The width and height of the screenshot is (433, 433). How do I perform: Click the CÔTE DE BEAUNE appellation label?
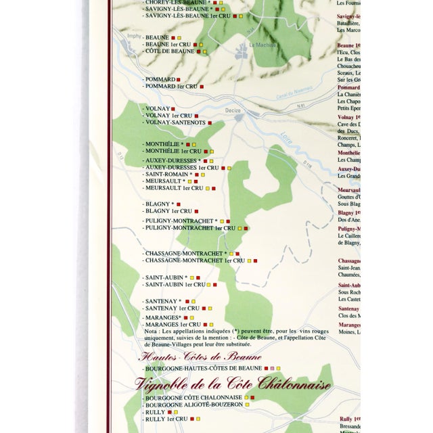click(169, 51)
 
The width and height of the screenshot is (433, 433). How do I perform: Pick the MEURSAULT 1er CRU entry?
click(174, 188)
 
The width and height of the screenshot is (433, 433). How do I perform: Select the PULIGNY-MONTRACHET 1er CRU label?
click(190, 228)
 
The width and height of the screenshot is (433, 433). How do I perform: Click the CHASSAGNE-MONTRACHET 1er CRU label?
click(193, 260)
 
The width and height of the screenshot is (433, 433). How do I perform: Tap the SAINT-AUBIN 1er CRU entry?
click(175, 284)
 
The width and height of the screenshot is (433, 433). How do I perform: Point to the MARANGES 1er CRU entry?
click(170, 324)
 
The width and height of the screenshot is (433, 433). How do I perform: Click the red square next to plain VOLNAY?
click(173, 108)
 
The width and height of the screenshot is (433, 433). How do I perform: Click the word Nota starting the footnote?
click(150, 331)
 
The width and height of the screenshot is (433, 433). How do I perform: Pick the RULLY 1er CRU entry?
click(166, 419)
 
